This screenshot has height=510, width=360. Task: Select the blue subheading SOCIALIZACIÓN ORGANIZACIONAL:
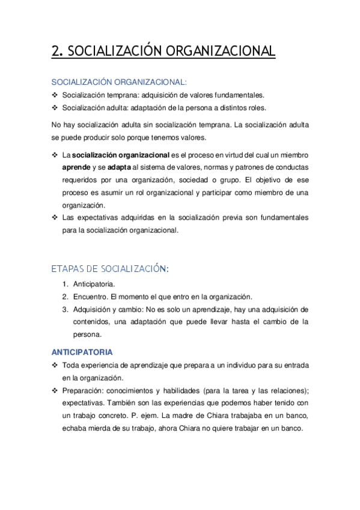(x=119, y=82)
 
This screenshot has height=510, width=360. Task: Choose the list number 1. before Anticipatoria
(x=65, y=284)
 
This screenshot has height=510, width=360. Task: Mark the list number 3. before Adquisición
(x=65, y=309)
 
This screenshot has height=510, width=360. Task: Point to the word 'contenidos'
(x=90, y=322)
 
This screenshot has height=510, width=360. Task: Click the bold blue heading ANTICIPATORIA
(x=82, y=352)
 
